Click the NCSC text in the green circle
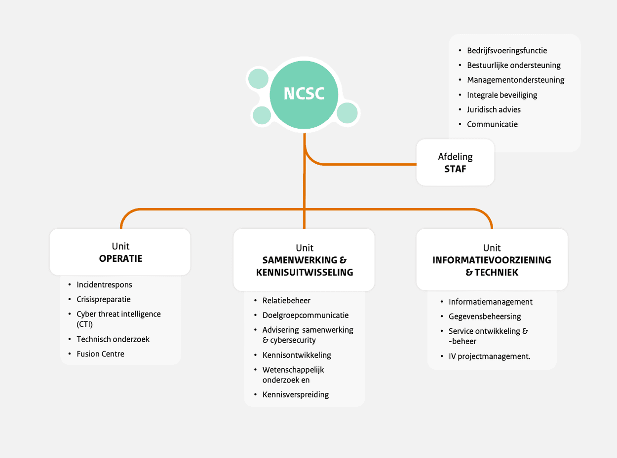(304, 94)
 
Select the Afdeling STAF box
(455, 163)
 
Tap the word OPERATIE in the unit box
(120, 258)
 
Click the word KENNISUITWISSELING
(305, 272)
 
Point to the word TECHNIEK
(497, 272)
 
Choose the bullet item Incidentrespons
(104, 284)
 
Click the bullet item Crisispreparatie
(103, 299)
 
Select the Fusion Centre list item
(100, 353)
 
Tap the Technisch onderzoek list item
(113, 339)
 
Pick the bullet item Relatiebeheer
(286, 300)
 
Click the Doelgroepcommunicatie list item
(305, 315)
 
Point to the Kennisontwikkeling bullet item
(297, 355)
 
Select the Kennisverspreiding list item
(296, 394)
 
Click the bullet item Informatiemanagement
(490, 302)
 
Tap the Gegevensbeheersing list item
(485, 317)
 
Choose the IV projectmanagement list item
(489, 356)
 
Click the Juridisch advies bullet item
(494, 109)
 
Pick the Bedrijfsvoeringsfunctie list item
(507, 50)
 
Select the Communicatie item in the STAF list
(492, 124)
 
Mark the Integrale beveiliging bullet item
(502, 95)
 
